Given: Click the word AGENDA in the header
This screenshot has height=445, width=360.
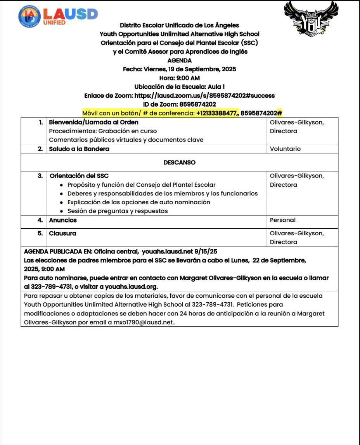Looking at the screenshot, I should [179, 60].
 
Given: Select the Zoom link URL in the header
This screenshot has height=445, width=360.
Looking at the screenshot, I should [204, 95].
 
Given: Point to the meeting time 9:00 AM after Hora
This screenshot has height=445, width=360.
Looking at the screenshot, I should [188, 78].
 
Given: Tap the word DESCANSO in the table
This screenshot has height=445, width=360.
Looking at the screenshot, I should [179, 162].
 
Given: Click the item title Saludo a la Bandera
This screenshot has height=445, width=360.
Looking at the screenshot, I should [79, 149].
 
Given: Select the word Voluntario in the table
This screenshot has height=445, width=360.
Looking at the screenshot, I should [285, 149].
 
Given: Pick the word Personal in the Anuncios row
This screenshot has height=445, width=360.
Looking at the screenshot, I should [282, 220].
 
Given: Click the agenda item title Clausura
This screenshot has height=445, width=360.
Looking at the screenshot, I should [62, 233].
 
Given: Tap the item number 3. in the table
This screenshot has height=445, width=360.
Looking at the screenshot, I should [40, 176].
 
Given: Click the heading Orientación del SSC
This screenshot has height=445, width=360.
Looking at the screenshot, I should [79, 176].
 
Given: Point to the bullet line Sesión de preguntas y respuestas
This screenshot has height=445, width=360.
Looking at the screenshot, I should [118, 211].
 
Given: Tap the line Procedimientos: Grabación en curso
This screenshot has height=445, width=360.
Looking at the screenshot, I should [103, 131].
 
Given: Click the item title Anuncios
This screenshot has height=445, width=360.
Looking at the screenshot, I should [63, 220].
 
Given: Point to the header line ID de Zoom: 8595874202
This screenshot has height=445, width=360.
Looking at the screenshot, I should [179, 104].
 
